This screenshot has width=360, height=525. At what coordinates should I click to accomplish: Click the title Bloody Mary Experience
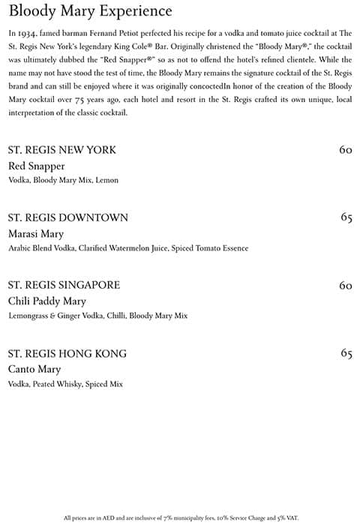(90, 11)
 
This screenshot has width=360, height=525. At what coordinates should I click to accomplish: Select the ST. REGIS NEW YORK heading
(61, 150)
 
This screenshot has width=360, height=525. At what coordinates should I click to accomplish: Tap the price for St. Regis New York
(345, 150)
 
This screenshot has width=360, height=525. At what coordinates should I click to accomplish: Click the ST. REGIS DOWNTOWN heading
(67, 217)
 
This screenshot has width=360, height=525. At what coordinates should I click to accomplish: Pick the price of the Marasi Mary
(346, 217)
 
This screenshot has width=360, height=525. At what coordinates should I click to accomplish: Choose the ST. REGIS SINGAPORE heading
(64, 285)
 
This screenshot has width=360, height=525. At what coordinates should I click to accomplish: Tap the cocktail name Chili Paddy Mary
(46, 301)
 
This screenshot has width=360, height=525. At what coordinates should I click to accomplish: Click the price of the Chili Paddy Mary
(345, 285)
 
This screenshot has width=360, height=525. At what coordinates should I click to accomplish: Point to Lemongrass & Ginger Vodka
(54, 316)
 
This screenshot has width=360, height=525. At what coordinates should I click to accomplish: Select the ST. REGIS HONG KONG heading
(67, 353)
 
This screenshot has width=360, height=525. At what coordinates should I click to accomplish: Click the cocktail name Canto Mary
(34, 369)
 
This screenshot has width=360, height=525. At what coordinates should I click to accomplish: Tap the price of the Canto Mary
(346, 353)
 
